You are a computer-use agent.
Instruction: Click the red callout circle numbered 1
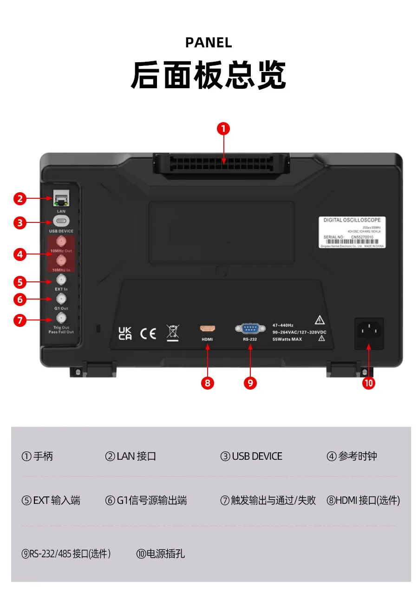[223, 129]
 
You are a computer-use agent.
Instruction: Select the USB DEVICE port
[61, 221]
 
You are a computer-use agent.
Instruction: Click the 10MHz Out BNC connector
[61, 241]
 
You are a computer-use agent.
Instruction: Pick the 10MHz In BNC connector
[61, 261]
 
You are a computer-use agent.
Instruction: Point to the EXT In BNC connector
[61, 280]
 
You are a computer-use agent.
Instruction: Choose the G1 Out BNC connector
[61, 299]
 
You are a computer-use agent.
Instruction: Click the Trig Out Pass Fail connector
[61, 318]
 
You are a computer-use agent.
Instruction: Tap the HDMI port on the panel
[207, 329]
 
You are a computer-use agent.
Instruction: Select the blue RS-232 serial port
[250, 329]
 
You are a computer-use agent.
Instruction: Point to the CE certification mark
[148, 333]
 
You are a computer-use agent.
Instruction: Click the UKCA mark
[125, 333]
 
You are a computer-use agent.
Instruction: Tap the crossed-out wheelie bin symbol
[173, 333]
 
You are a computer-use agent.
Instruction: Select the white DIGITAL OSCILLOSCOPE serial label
[352, 232]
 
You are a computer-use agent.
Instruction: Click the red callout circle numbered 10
[369, 383]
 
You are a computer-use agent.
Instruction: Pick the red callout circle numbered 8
[207, 383]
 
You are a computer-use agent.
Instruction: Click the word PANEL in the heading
[209, 43]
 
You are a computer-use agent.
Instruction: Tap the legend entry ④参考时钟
[352, 456]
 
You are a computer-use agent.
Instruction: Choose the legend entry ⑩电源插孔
[161, 554]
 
